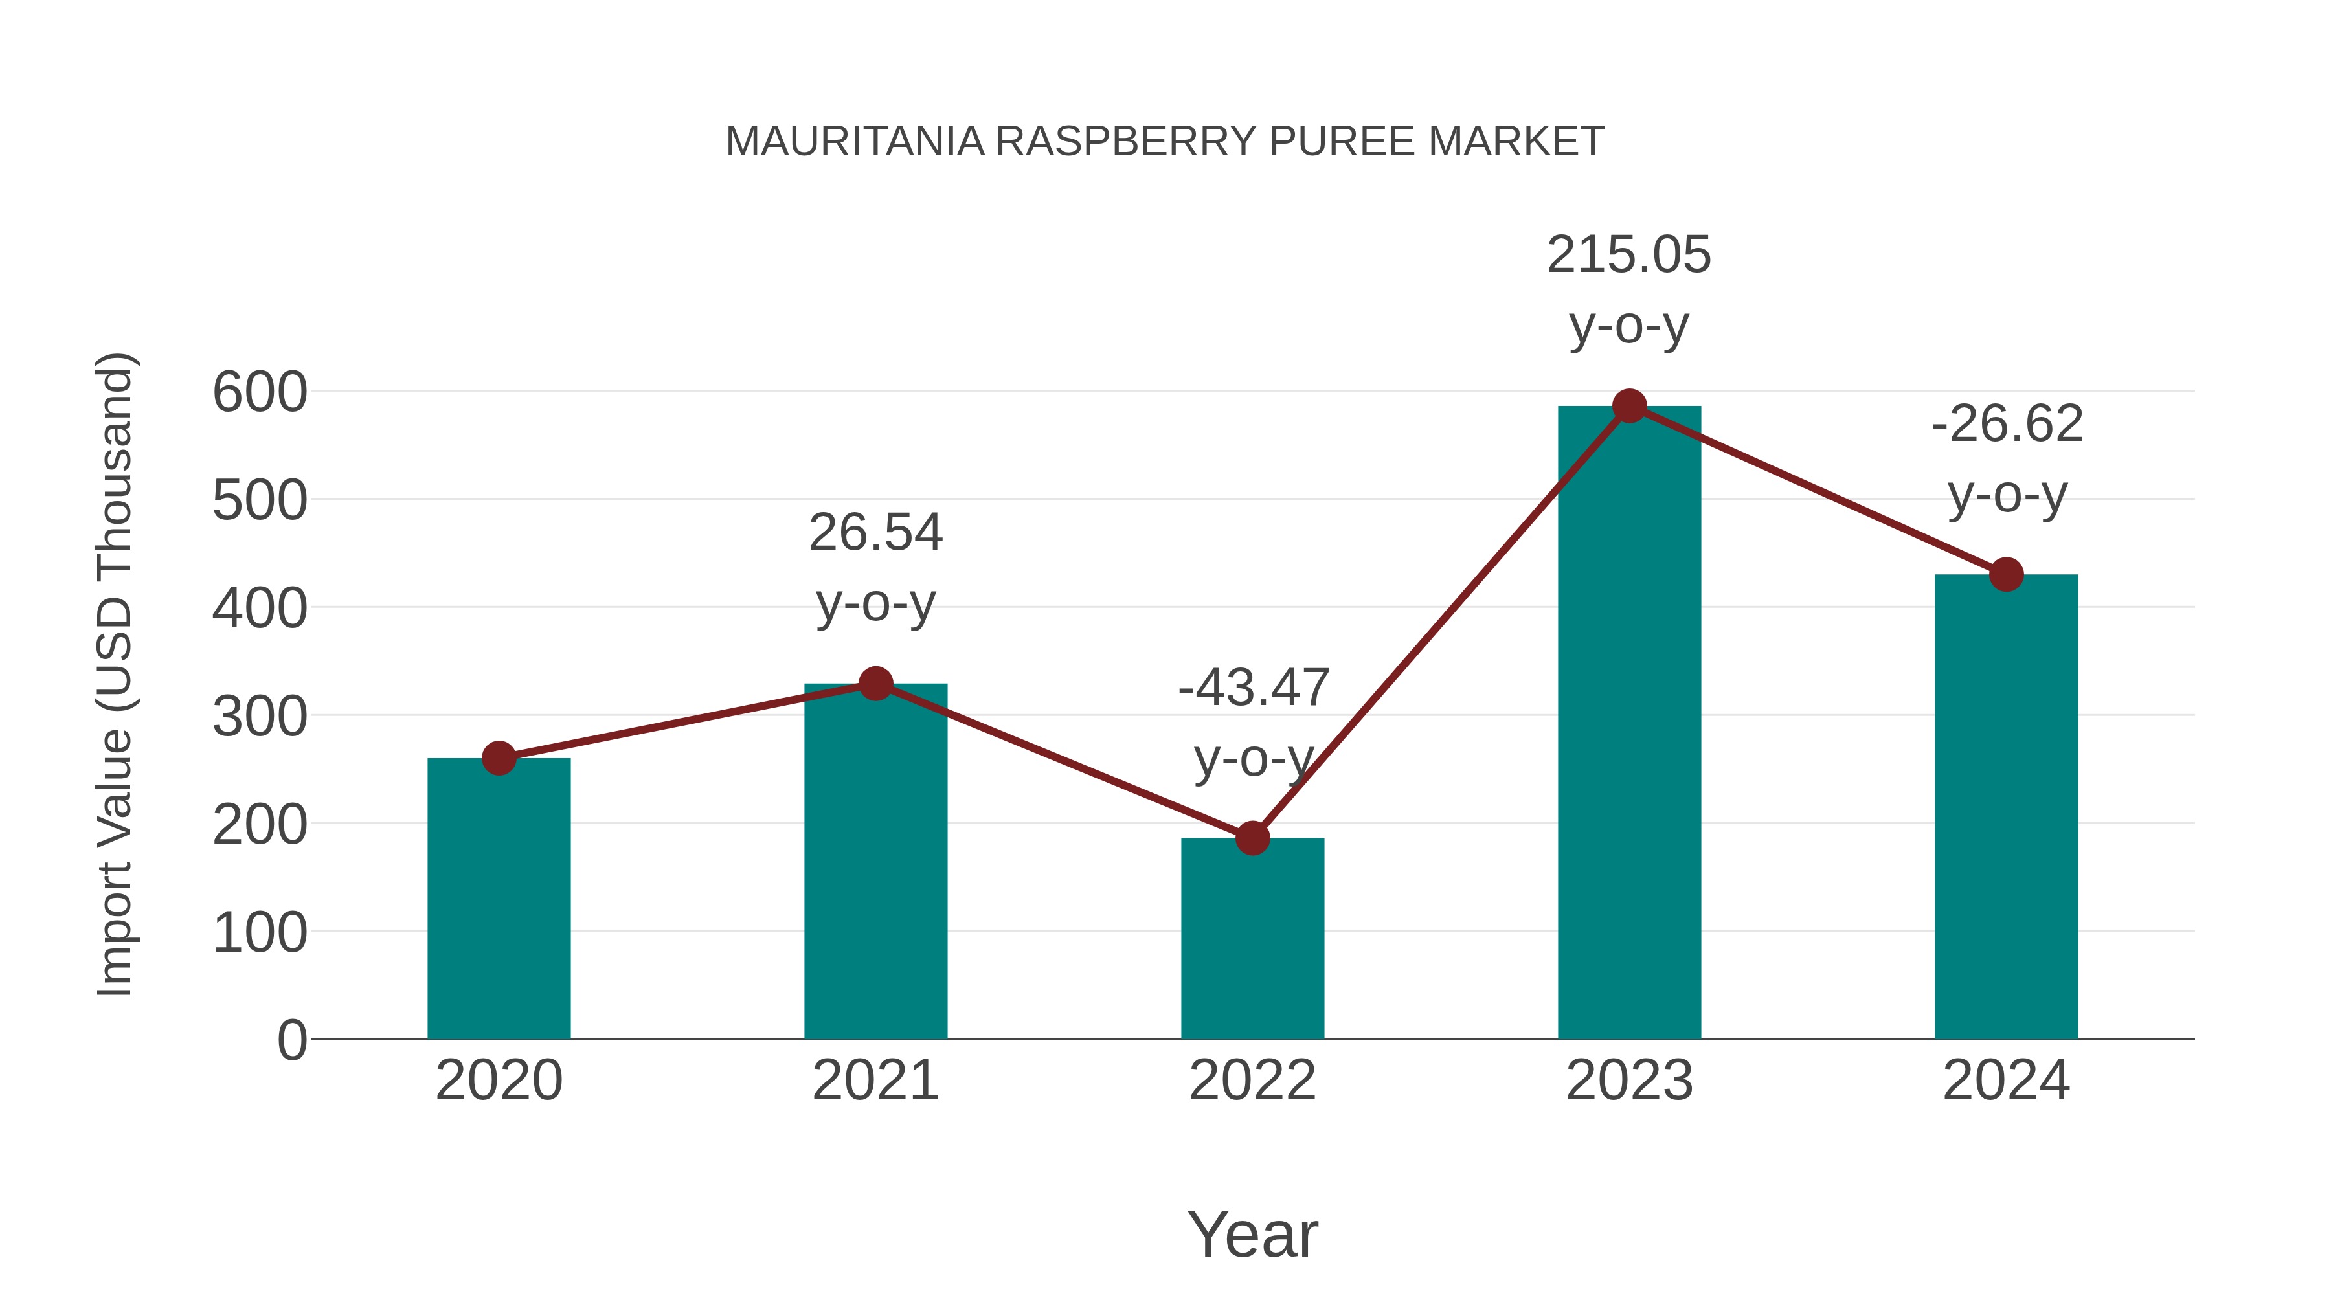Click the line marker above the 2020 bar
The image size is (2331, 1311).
tap(499, 758)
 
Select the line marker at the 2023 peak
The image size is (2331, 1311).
tap(1629, 406)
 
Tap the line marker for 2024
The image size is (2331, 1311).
tap(2006, 574)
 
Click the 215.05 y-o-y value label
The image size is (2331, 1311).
tap(1629, 255)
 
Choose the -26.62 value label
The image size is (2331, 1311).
tap(2007, 423)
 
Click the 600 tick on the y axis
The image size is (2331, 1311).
tap(260, 393)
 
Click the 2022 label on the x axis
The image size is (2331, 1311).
tap(1252, 1081)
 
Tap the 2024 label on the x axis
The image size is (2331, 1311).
tap(2006, 1081)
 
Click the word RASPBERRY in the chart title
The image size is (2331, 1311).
tap(1126, 142)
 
